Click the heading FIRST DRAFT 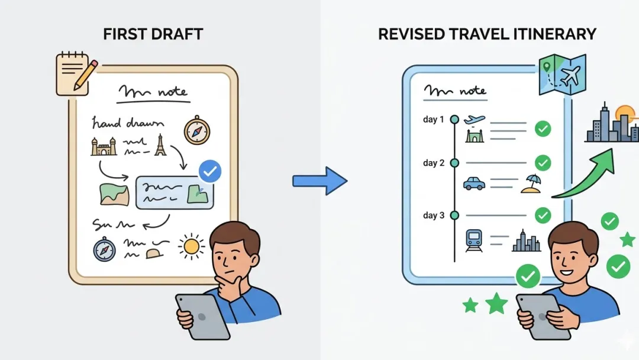[x=153, y=34]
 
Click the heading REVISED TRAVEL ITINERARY [x=486, y=34]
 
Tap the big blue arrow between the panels [x=319, y=181]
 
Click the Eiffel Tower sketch [x=160, y=145]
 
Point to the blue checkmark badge [x=209, y=172]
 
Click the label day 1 [x=434, y=120]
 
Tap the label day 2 [x=434, y=163]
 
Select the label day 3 [x=434, y=215]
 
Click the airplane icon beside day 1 [x=475, y=120]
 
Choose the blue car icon [x=475, y=183]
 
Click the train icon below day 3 [x=475, y=240]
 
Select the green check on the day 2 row [x=543, y=163]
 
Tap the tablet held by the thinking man [x=203, y=316]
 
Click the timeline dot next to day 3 [x=454, y=215]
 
